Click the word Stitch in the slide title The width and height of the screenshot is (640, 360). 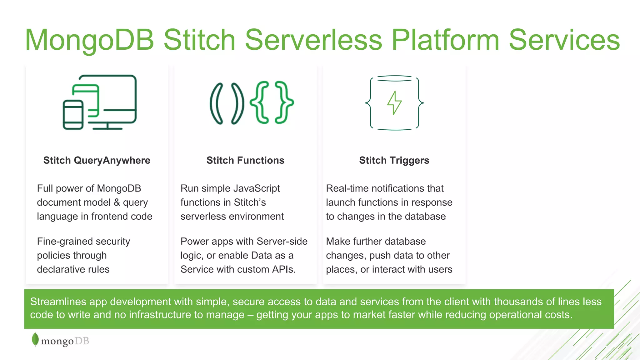click(199, 40)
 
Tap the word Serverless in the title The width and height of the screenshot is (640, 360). click(313, 40)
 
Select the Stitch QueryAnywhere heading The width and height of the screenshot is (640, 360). click(97, 160)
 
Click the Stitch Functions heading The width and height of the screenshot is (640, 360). click(245, 160)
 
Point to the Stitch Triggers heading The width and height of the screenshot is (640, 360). click(394, 160)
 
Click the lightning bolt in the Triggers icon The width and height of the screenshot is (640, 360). click(394, 102)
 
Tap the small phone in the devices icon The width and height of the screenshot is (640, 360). click(73, 115)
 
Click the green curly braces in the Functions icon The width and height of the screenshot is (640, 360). click(272, 102)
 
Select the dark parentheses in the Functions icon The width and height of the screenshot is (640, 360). click(227, 103)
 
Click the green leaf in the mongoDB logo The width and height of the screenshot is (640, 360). click(35, 339)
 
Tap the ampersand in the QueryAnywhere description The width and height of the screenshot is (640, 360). click(117, 202)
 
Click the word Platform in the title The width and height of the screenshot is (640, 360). click(445, 40)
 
